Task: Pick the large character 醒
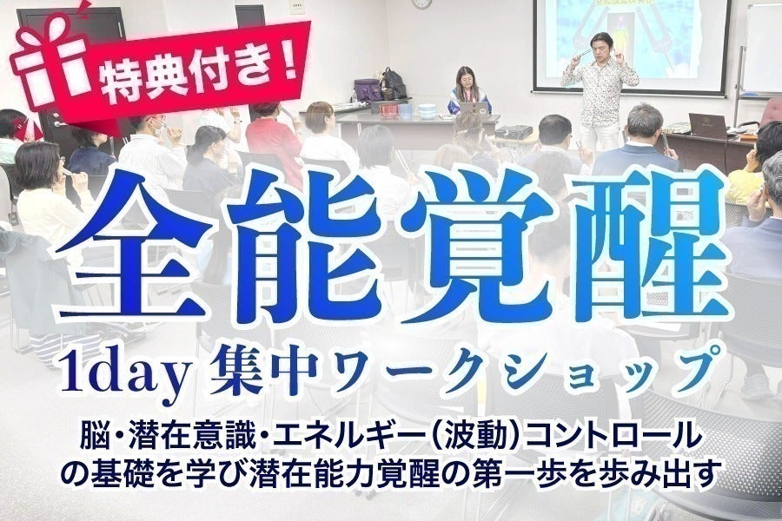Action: (x=648, y=245)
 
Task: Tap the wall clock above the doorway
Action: (x=422, y=3)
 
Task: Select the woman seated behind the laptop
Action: (x=470, y=90)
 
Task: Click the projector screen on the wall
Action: (x=632, y=46)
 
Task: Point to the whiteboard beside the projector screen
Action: (x=763, y=49)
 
